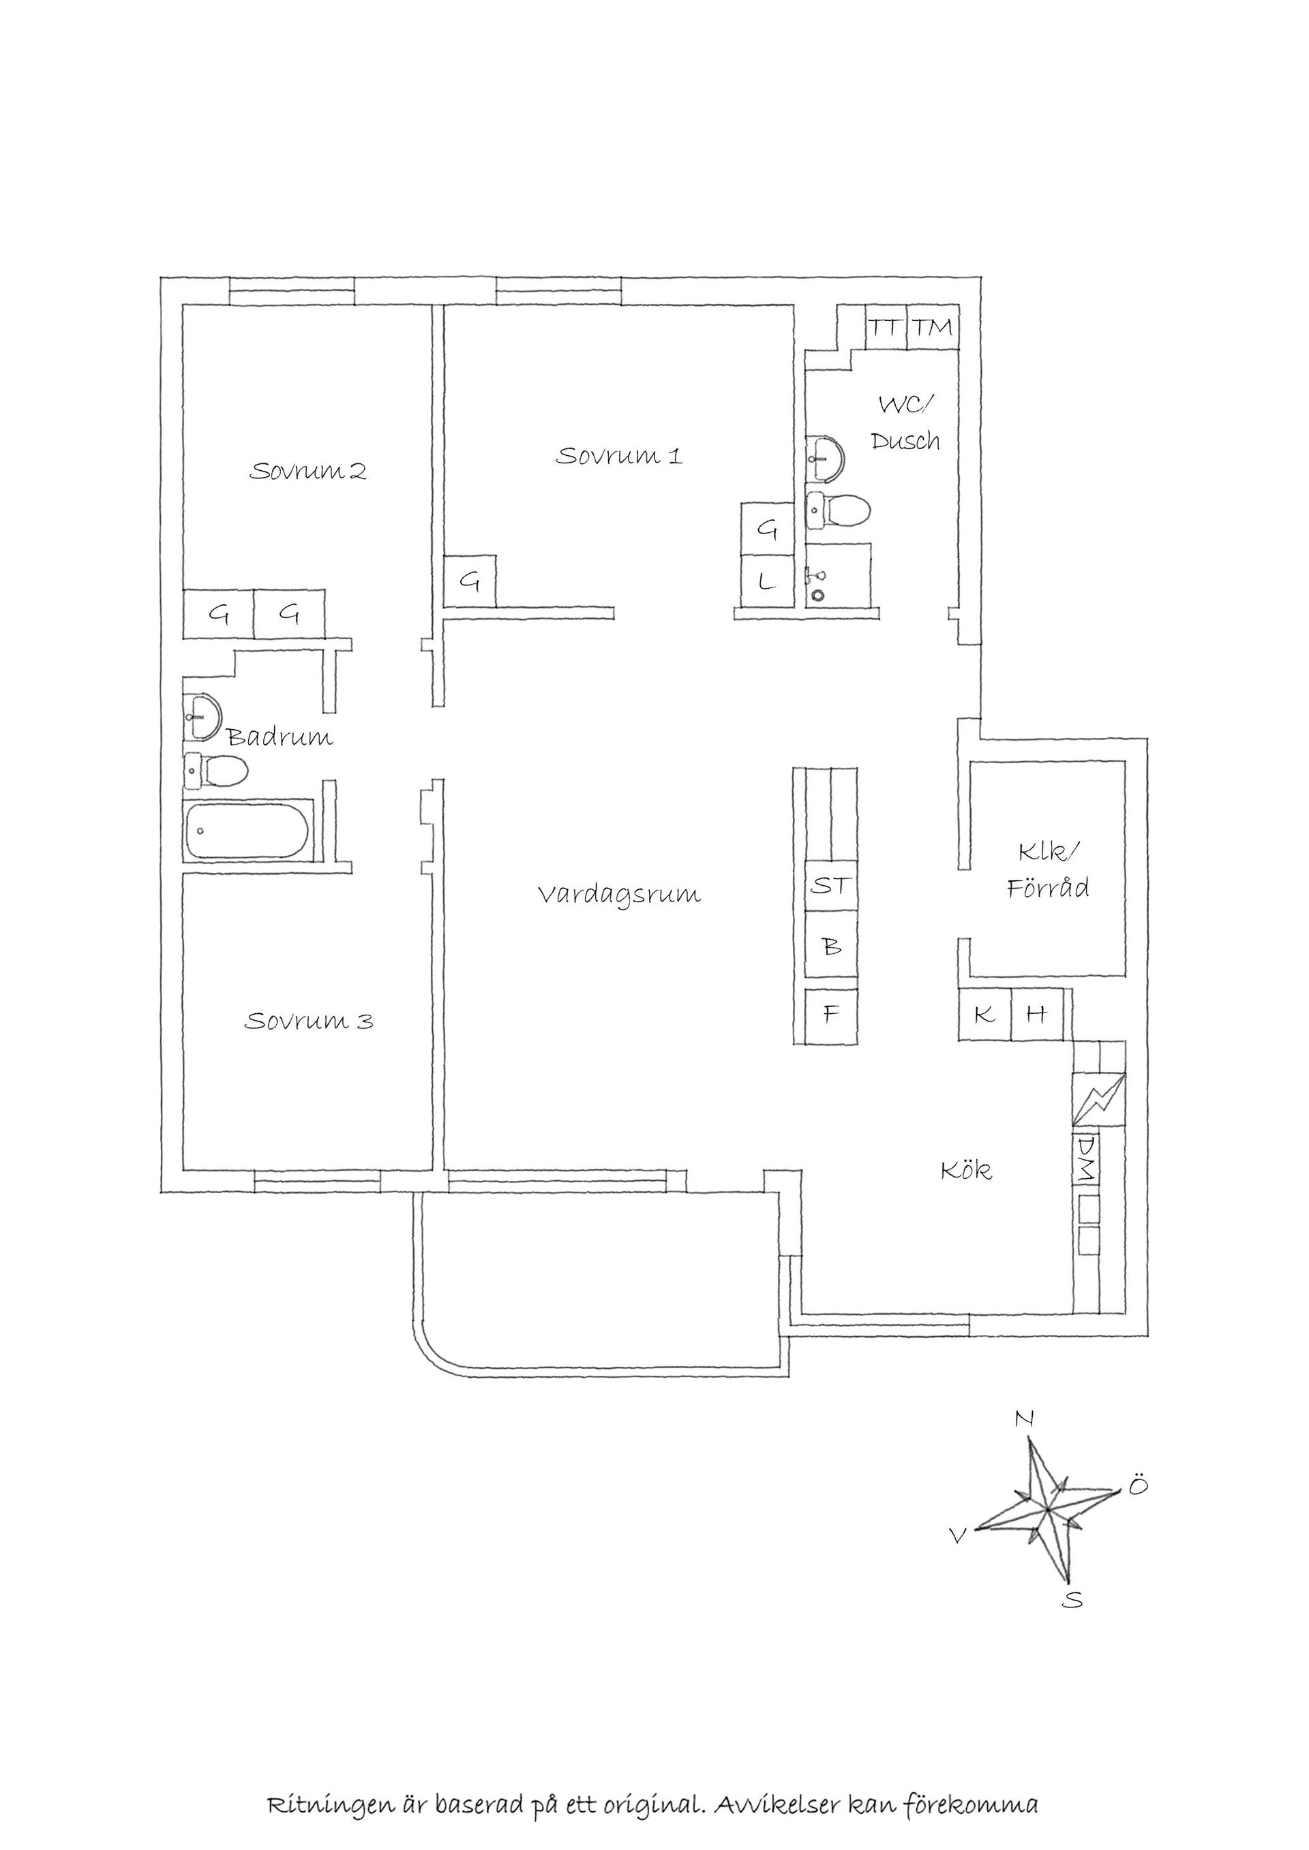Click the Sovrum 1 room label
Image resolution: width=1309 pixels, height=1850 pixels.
coord(619,456)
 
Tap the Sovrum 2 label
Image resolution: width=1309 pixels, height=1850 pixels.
coord(308,471)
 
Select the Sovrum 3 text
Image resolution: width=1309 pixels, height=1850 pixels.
coord(309,1021)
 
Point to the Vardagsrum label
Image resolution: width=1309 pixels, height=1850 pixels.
coord(619,895)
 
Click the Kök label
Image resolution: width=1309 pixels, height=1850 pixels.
coord(967,1170)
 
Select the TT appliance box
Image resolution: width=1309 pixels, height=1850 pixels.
coord(886,328)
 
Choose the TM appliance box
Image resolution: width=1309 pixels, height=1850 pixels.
coord(933,328)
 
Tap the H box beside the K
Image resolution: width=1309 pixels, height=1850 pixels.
coord(1036,1015)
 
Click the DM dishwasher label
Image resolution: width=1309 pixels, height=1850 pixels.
coord(1086,1160)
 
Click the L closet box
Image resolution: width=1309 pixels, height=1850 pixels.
coord(768,581)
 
